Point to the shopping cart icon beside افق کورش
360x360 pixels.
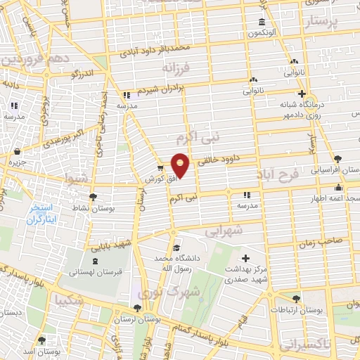click(x=160, y=168)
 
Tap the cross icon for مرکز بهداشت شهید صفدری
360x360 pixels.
click(x=245, y=258)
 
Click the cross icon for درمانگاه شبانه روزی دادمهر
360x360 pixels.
click(x=302, y=94)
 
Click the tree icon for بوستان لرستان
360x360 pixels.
click(x=136, y=308)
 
